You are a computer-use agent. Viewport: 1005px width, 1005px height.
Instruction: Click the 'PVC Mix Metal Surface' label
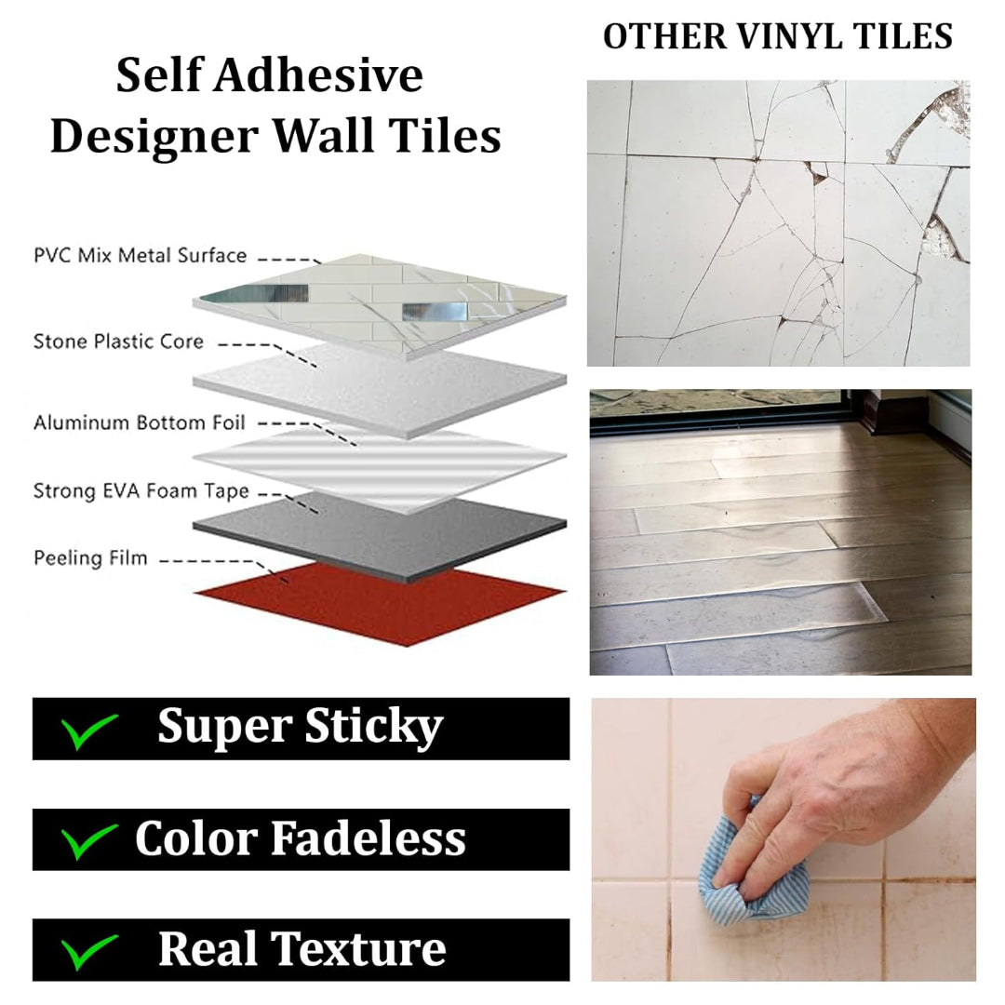[x=140, y=255]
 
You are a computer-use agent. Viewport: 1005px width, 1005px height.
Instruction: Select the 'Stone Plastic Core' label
[x=118, y=341]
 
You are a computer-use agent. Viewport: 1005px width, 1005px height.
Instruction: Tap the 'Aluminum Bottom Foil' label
[x=139, y=422]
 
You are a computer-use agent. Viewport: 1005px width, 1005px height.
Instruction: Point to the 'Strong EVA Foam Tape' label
[x=141, y=491]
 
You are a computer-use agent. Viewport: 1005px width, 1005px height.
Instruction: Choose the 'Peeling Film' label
[x=90, y=558]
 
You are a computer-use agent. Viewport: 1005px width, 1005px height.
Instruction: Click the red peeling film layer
[x=380, y=602]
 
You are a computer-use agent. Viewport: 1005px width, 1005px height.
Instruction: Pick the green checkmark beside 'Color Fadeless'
[x=88, y=841]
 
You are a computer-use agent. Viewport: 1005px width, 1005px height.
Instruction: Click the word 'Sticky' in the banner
[x=374, y=728]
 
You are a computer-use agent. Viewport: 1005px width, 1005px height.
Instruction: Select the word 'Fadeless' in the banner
[x=368, y=838]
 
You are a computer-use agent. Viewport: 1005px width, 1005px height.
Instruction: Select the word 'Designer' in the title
[x=154, y=138]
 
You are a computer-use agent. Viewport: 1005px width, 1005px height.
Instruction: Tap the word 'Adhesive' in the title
[x=318, y=75]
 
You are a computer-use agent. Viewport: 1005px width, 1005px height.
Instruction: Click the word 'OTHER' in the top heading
[x=665, y=36]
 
